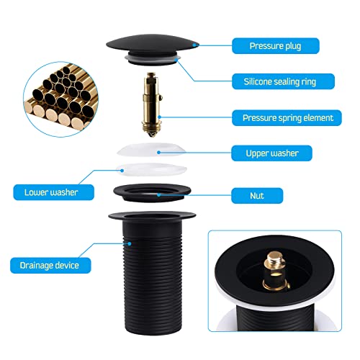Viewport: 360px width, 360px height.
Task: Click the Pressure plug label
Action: click(276, 46)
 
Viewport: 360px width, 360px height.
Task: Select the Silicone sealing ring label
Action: click(283, 81)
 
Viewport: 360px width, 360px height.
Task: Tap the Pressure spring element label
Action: click(287, 118)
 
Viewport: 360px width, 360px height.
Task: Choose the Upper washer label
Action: click(271, 153)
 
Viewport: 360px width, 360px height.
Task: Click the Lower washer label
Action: click(53, 192)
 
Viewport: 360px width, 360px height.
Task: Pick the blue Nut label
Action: click(257, 196)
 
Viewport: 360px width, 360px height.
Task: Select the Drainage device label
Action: click(50, 266)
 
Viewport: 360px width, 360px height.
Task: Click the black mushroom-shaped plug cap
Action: click(153, 48)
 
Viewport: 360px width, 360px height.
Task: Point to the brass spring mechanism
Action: click(152, 104)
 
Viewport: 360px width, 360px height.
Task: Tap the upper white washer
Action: click(152, 149)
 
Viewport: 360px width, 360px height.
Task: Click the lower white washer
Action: click(151, 169)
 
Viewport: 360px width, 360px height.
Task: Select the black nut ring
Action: click(152, 193)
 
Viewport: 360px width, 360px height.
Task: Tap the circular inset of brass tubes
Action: click(61, 99)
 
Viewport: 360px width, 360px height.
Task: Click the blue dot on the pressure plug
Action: click(197, 45)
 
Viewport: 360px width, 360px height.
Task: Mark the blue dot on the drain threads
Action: click(130, 243)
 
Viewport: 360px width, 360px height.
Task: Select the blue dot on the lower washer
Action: click(122, 171)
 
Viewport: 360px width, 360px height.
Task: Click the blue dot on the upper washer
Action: click(158, 152)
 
